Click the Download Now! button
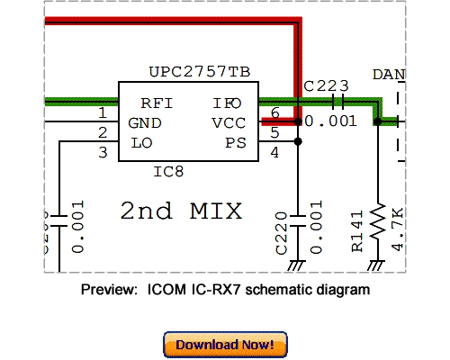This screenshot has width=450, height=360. pyautogui.click(x=225, y=344)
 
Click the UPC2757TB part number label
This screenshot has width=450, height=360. pyautogui.click(x=200, y=71)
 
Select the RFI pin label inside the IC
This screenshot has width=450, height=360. pyautogui.click(x=157, y=103)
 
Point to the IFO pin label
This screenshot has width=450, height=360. pyautogui.click(x=228, y=103)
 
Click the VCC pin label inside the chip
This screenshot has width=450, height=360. pyautogui.click(x=228, y=123)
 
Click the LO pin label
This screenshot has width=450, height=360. pyautogui.click(x=140, y=142)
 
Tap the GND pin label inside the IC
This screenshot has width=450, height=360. pyautogui.click(x=145, y=123)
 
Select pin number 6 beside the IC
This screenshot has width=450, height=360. pyautogui.click(x=275, y=113)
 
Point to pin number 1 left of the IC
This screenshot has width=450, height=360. pyautogui.click(x=103, y=113)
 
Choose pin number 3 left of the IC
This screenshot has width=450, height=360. pyautogui.click(x=103, y=152)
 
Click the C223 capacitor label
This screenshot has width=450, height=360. pyautogui.click(x=326, y=86)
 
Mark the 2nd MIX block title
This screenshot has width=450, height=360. pyautogui.click(x=182, y=211)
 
